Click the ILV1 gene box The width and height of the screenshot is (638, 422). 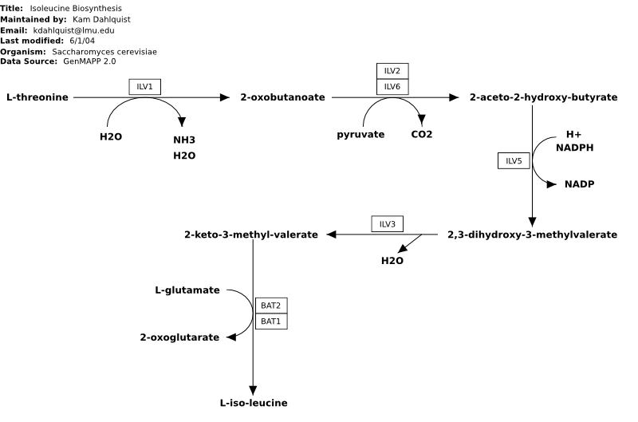coord(145,87)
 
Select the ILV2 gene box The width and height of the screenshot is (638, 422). coord(392,71)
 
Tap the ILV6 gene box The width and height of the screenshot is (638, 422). coord(392,87)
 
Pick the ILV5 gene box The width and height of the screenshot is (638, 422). coord(514,160)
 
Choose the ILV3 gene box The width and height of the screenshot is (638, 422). coord(388,224)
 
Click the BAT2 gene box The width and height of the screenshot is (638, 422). coord(271,306)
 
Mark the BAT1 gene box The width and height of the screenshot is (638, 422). coord(271,321)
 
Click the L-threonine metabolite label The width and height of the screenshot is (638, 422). coord(37,97)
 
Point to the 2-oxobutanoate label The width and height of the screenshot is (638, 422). coord(283,97)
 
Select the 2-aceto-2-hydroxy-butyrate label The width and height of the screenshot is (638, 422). coord(544,97)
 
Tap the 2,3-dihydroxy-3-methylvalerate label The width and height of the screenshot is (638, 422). coord(532,235)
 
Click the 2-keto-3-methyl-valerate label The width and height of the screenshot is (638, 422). coord(251,235)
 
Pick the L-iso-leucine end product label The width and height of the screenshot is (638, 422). coord(254,403)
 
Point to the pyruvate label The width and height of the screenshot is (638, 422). coord(360,135)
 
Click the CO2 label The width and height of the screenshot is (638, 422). coord(422,134)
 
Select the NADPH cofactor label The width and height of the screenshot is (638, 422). coord(574,148)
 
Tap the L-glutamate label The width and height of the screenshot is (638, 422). coord(187,290)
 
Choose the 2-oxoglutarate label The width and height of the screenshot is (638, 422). coord(179,337)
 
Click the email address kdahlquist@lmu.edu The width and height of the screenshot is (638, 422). coord(73,30)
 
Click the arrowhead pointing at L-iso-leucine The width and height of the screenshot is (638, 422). coord(253,390)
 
